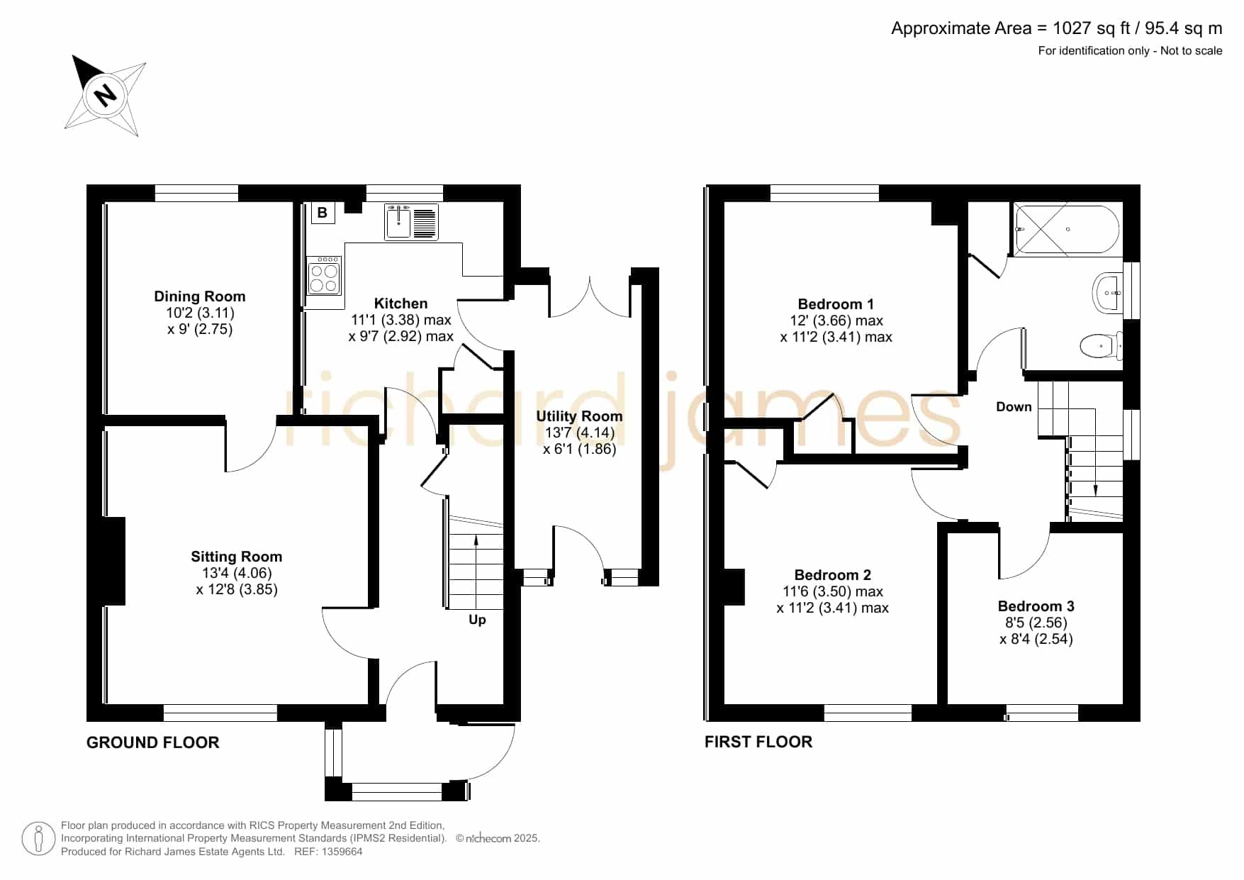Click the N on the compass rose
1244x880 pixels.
tap(106, 94)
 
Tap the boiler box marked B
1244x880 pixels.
tap(323, 213)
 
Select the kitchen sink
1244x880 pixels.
tap(412, 222)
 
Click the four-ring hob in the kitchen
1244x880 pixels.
tap(324, 276)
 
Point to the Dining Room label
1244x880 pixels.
tap(200, 296)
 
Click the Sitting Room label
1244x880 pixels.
tap(237, 557)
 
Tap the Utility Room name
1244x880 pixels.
tap(579, 416)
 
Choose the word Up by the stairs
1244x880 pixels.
tap(477, 620)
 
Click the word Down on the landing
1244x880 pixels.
tap(1014, 407)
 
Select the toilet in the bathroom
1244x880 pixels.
tap(1102, 346)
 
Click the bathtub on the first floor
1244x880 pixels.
tap(1068, 230)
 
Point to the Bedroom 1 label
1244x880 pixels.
tap(836, 304)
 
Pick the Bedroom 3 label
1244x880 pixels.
tap(1036, 606)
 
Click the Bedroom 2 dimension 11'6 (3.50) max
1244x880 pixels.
tap(833, 591)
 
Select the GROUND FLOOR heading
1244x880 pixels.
tap(153, 742)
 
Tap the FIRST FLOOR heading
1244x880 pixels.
tap(758, 742)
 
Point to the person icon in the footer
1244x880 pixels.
tap(38, 839)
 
